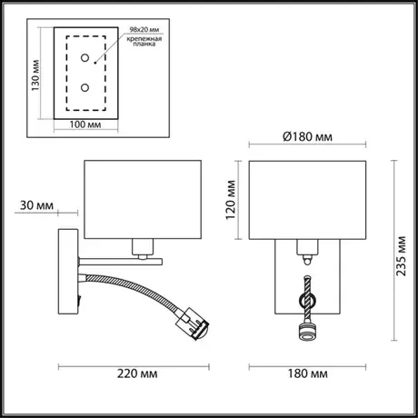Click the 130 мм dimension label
[35, 75]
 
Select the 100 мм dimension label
[85, 124]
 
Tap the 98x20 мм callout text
[144, 30]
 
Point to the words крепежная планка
[144, 41]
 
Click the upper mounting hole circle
[85, 57]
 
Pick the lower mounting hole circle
[85, 88]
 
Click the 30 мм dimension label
[36, 205]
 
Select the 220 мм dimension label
[137, 373]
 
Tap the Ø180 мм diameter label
[307, 137]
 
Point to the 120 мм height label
[231, 200]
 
